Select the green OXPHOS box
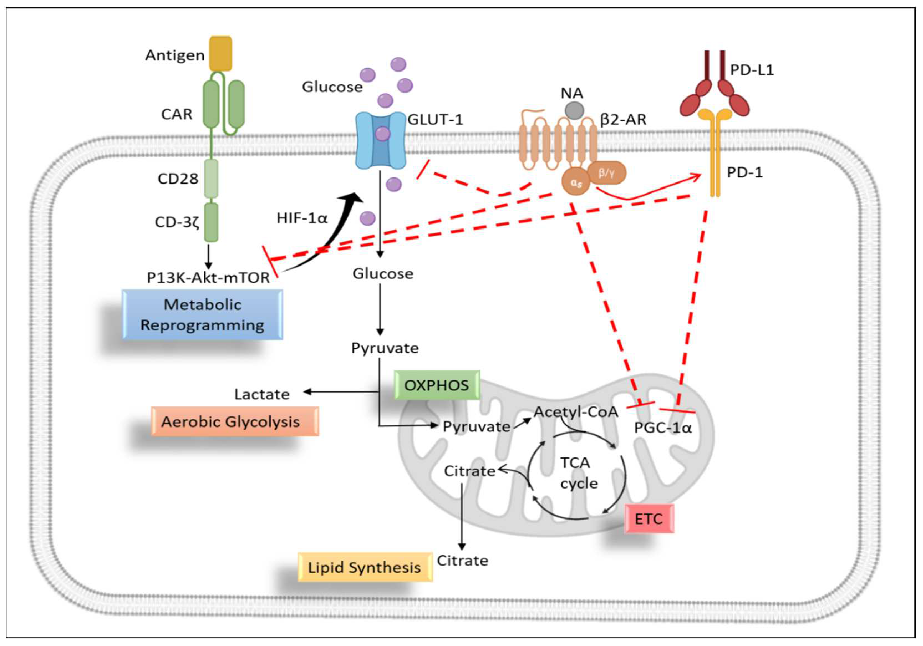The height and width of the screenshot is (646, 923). click(437, 385)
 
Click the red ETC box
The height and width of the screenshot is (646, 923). click(649, 518)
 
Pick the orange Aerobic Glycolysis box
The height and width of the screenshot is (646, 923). click(235, 421)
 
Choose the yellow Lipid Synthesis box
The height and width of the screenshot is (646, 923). click(365, 567)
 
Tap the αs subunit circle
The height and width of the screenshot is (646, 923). click(576, 183)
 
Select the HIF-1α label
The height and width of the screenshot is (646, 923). click(302, 218)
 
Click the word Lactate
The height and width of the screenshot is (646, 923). click(262, 394)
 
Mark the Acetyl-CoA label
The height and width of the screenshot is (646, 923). click(576, 412)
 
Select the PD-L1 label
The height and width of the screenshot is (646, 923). click(752, 70)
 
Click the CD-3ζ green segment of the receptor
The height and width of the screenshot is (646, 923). click(212, 222)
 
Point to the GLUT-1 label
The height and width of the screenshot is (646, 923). click(435, 119)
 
